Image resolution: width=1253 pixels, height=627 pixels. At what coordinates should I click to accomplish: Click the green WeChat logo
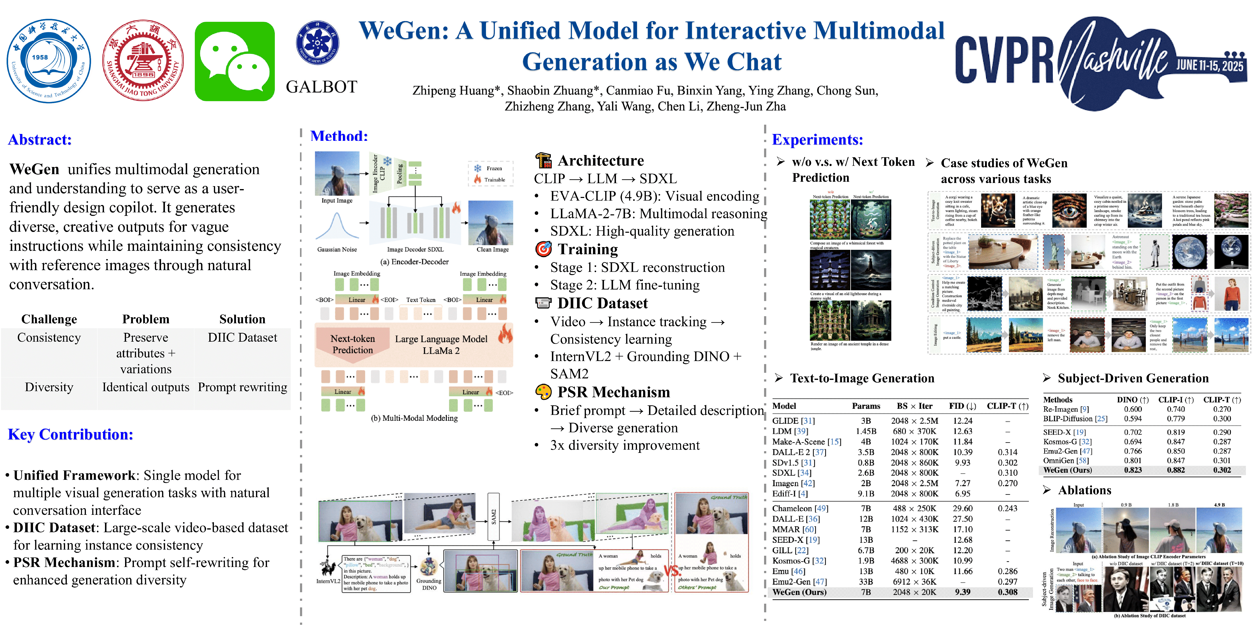click(x=234, y=61)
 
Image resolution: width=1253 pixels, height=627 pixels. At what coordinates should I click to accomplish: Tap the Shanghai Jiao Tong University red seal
click(x=143, y=60)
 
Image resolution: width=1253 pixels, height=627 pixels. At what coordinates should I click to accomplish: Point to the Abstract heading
click(x=40, y=140)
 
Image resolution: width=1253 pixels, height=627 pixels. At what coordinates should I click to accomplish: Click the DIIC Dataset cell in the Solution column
click(x=242, y=338)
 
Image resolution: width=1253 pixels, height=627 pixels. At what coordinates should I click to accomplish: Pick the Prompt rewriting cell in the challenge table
click(x=242, y=387)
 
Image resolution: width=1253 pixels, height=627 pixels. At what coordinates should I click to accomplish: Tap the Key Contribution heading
click(x=70, y=434)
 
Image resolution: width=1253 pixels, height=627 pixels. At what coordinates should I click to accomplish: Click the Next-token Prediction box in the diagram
click(x=353, y=344)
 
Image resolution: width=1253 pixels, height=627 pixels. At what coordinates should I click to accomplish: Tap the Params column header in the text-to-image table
click(x=866, y=406)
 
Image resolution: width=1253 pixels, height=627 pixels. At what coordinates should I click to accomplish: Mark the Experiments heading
click(x=817, y=140)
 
